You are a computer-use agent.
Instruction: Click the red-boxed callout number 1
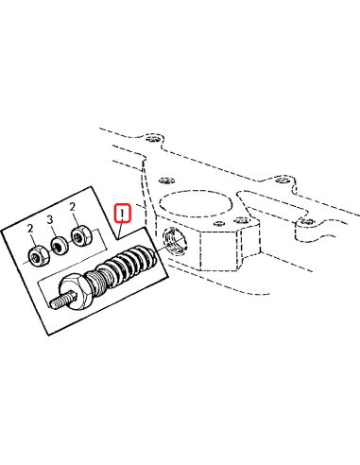(121, 213)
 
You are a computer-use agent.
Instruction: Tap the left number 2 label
(30, 230)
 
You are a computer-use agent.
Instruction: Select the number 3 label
(50, 220)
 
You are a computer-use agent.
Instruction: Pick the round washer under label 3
(60, 246)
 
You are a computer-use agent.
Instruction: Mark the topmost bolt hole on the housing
(155, 137)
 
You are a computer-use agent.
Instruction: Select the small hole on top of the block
(230, 219)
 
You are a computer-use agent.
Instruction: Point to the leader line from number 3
(53, 232)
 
